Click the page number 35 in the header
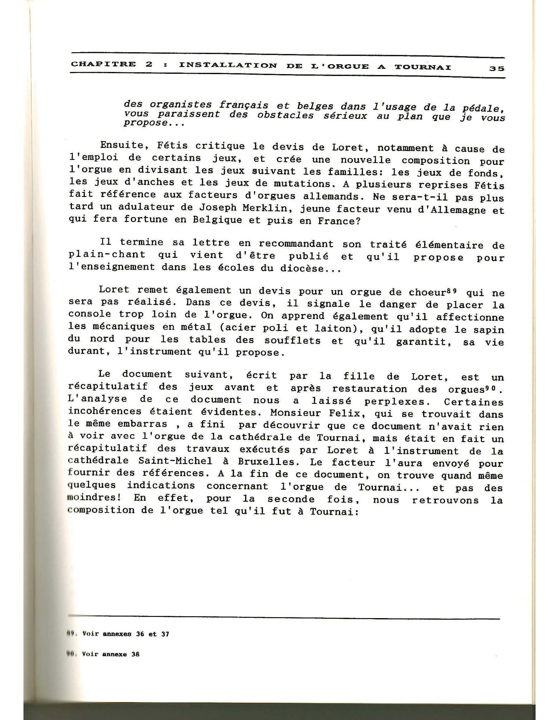point(497,69)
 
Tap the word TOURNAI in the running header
point(423,67)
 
